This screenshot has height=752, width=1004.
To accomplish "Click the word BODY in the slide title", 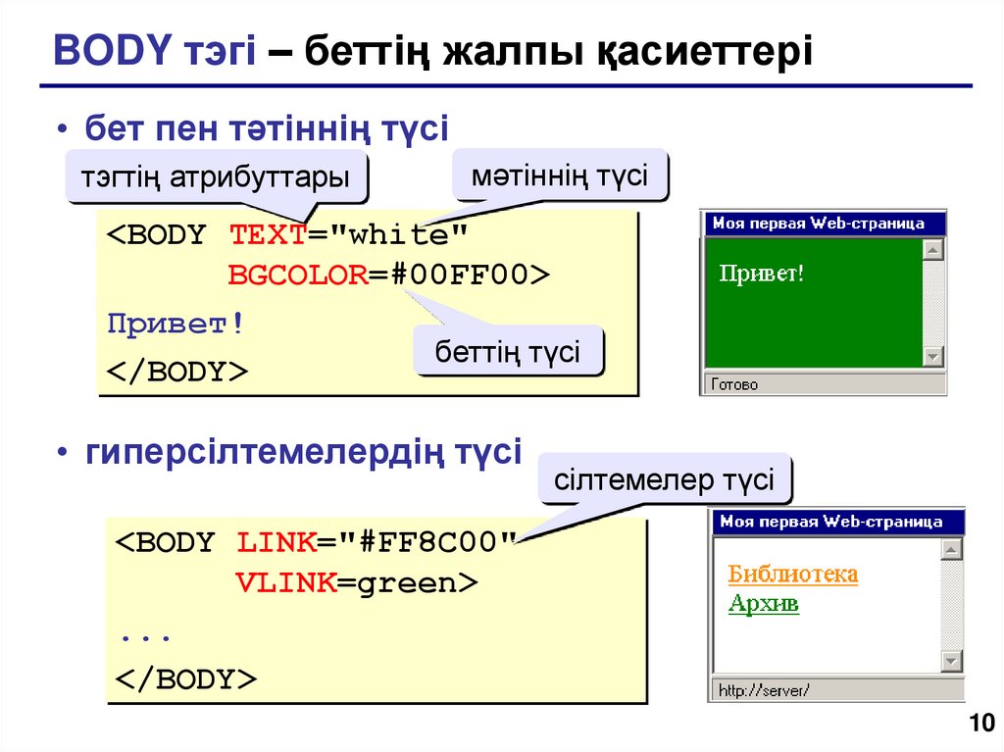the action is coord(110,51).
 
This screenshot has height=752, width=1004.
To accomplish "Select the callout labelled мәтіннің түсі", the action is coord(559,176).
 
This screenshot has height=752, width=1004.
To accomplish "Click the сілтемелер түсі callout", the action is coord(664,480).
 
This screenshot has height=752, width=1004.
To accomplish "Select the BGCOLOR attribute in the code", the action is coord(297,276).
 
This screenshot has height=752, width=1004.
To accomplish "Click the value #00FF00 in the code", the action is coord(461,276).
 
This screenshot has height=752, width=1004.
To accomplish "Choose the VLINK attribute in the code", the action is coord(286,583).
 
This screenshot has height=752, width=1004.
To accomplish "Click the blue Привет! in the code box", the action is coord(175,324).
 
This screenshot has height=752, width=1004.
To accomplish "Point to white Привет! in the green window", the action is coord(762,273).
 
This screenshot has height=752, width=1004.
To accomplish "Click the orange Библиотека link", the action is coord(793,574).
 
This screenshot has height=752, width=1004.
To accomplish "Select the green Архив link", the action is coord(764,603).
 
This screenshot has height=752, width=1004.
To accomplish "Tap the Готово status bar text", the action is coord(734,385).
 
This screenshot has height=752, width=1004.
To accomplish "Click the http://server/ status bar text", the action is coord(763,690).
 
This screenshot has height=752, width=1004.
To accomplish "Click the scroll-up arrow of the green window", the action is coord(933,250).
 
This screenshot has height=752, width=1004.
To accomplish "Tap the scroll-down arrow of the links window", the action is coord(951,662).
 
